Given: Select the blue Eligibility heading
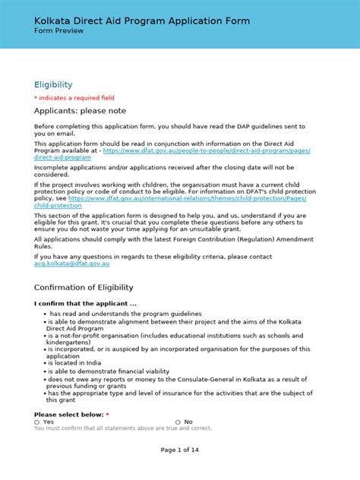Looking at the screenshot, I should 53,85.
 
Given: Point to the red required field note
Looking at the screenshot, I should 74,98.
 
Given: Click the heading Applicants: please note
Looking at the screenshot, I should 80,111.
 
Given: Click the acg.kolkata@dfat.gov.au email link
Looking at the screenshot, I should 72,263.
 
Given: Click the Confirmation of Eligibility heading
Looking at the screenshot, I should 84,287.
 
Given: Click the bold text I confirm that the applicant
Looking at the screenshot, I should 85,304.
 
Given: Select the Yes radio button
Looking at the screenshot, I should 37,422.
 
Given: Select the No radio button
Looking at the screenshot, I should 178,422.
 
